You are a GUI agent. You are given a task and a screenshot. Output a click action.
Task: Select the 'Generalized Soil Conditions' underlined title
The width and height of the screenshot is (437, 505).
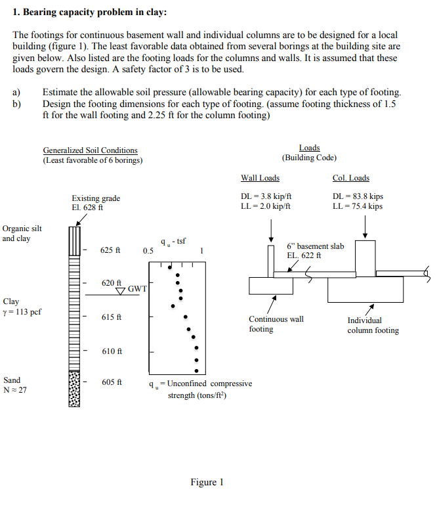pos(90,150)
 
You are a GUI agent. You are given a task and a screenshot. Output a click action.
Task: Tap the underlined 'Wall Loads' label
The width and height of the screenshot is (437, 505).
pos(260,178)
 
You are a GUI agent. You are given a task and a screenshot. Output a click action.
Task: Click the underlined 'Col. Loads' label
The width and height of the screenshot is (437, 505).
pos(350,178)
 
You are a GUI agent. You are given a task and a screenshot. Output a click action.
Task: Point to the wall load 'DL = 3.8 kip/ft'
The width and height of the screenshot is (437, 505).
pos(266,196)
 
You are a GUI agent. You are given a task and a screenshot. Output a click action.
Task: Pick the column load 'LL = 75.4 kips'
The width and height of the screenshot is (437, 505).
pos(358,206)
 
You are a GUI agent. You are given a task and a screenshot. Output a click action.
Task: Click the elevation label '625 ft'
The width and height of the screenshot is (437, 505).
pos(110,250)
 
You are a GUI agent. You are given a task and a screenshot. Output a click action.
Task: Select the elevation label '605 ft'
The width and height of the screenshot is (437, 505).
pos(111,382)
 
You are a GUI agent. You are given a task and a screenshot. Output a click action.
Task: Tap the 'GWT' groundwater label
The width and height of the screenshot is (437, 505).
pos(137,289)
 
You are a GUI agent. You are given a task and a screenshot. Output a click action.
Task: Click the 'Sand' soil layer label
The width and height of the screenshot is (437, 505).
pos(12,380)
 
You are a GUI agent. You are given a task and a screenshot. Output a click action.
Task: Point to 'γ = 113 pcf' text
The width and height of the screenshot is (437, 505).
pos(22,312)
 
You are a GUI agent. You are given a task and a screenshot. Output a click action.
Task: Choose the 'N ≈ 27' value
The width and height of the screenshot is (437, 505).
pos(14,391)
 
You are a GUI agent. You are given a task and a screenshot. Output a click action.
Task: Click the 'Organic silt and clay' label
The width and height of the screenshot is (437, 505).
pos(22,233)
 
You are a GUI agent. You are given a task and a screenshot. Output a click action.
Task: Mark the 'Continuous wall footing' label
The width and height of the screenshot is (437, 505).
pos(276,324)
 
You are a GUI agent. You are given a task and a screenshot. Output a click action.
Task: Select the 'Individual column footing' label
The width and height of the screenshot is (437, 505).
pos(373,325)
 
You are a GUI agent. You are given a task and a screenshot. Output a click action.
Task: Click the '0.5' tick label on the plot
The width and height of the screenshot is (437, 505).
pos(148,251)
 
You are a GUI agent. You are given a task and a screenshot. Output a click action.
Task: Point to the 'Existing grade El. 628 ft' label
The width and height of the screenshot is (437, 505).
pos(96,202)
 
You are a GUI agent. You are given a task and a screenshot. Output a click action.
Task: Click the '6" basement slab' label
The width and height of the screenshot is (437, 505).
pos(315,246)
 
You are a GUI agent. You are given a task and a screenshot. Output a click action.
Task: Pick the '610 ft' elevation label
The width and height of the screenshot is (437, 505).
pos(111,351)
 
